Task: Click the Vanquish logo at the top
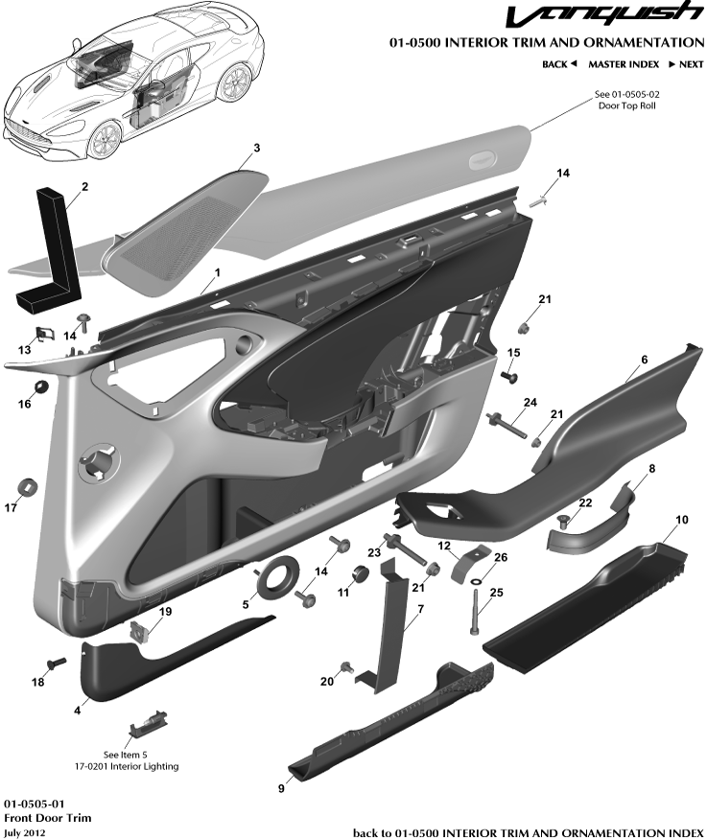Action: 602,16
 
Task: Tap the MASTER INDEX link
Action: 624,64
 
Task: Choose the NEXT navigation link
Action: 685,64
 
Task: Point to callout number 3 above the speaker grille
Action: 256,149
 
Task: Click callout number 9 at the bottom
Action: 281,788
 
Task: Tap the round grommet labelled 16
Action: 42,386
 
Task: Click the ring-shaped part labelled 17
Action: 28,486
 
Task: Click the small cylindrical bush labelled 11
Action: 363,576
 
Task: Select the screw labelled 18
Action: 55,663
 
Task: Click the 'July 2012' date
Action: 25,833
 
